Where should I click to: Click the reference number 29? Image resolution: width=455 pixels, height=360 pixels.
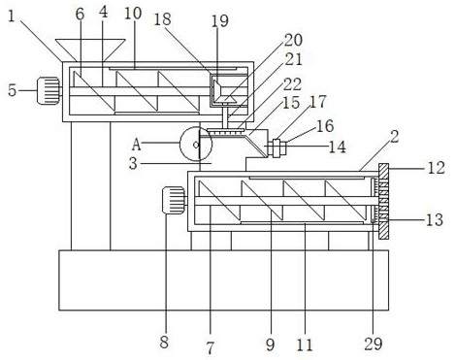click(374, 344)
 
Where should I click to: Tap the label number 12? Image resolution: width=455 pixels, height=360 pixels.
click(437, 168)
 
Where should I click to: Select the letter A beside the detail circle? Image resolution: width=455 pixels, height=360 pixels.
click(137, 145)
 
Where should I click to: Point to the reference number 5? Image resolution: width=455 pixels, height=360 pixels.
click(13, 90)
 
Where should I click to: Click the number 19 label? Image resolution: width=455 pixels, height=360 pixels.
click(220, 21)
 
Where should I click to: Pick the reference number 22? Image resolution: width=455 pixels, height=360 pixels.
click(293, 84)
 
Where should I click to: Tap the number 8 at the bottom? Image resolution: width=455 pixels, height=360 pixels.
click(164, 342)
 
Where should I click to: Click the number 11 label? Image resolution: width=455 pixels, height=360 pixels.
click(305, 344)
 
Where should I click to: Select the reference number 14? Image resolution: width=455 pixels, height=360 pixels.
click(338, 147)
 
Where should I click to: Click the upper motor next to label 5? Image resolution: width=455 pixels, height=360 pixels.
click(49, 91)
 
